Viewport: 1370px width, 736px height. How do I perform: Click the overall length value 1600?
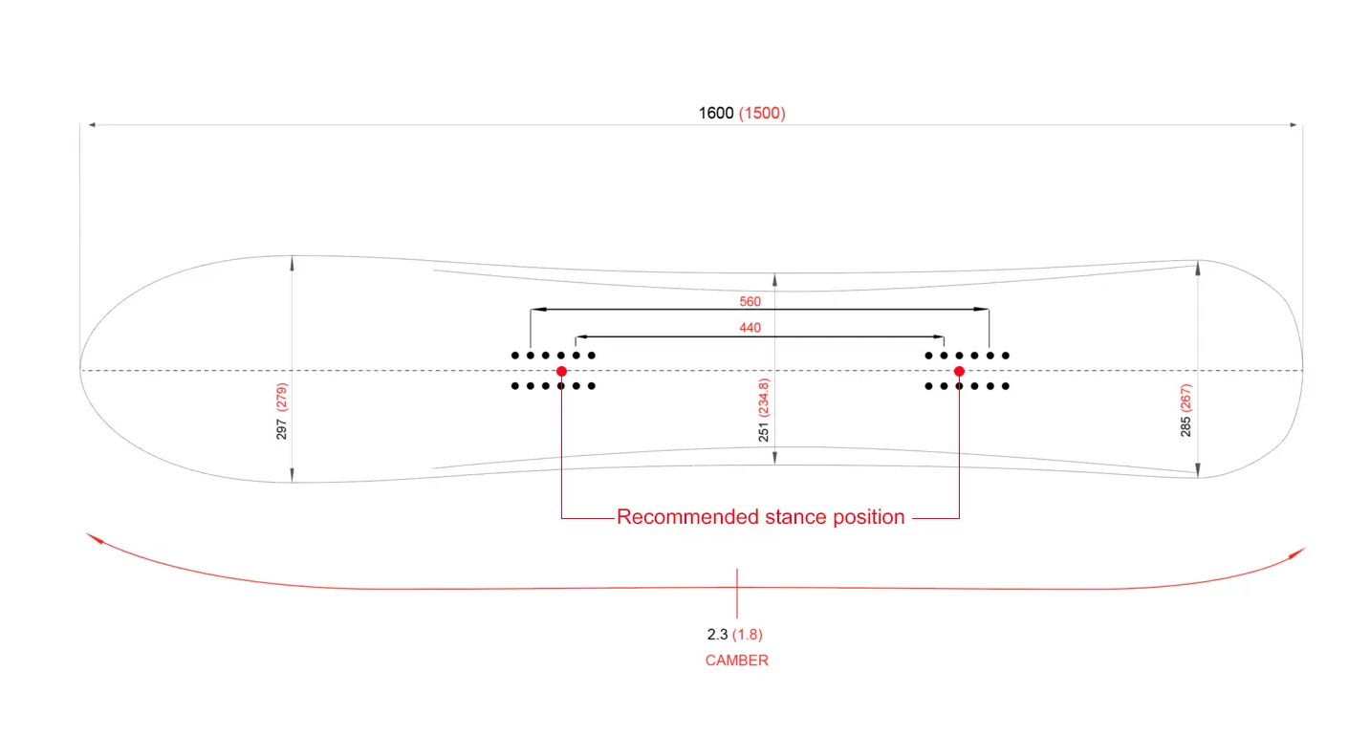point(716,114)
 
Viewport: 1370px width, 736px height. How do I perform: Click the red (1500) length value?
point(762,114)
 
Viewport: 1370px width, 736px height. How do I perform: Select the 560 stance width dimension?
point(750,302)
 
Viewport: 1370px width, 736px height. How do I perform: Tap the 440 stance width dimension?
point(750,328)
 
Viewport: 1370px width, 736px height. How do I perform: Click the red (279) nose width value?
point(281,401)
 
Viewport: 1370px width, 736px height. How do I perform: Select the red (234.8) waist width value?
point(763,394)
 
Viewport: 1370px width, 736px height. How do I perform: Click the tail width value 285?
point(1186,425)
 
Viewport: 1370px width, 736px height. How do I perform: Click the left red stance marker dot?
point(561,371)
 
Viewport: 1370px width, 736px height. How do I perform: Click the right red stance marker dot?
point(959,371)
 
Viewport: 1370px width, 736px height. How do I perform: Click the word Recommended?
point(687,517)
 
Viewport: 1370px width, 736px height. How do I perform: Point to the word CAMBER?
point(736,660)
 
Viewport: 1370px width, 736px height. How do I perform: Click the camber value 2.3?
point(717,634)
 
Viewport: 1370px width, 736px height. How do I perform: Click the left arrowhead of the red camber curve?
point(92,537)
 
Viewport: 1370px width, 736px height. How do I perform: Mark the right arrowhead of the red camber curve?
point(1299,552)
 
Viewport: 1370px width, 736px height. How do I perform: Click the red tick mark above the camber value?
point(736,593)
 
